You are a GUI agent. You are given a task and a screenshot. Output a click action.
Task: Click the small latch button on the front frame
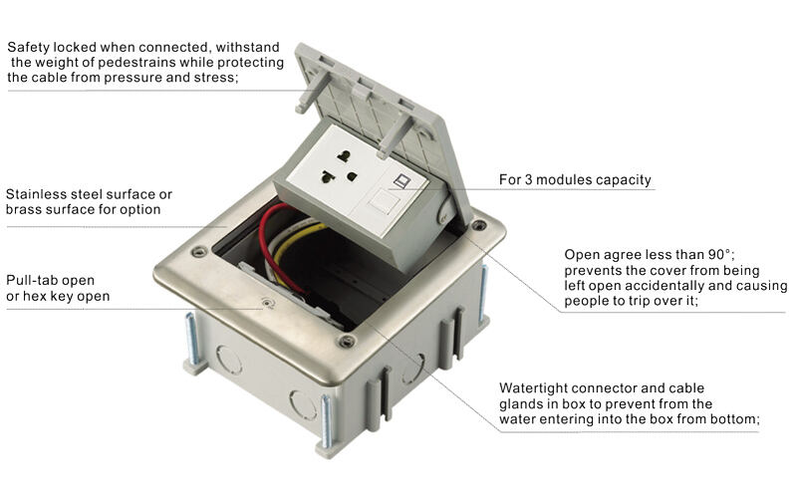pyautogui.click(x=264, y=302)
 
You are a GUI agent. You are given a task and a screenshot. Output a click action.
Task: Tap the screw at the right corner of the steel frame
pyautogui.click(x=480, y=226)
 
